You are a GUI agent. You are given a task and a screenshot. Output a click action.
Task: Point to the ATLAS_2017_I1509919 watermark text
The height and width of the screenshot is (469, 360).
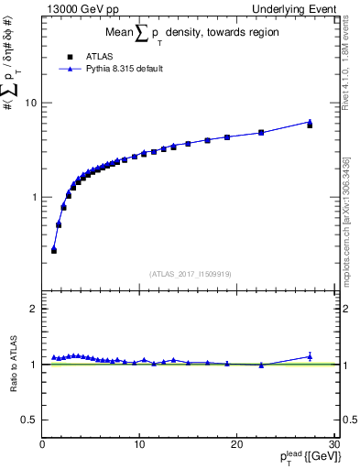(190, 273)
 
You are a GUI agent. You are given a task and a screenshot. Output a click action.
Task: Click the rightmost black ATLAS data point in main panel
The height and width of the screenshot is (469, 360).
(310, 125)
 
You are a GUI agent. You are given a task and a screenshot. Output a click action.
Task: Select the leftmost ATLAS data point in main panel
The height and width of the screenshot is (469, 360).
(54, 250)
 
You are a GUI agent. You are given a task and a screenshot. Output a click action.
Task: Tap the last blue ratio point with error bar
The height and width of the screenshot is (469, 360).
(310, 356)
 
